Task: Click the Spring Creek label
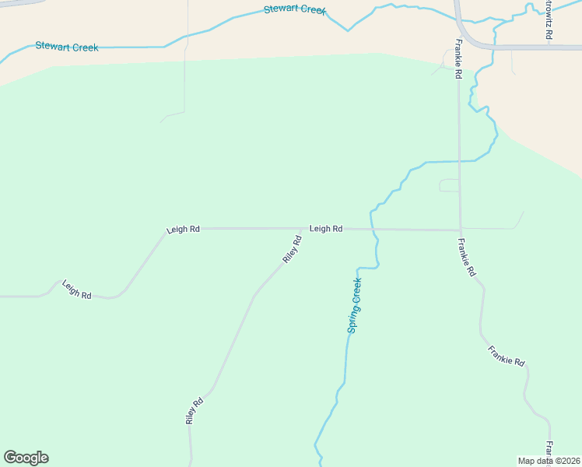click(355, 305)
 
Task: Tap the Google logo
click(26, 458)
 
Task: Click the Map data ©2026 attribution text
click(549, 461)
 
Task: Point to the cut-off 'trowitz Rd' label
click(549, 20)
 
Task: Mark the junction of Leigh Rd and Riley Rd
click(305, 229)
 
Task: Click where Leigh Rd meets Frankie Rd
click(459, 230)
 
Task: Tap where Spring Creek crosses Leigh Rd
click(372, 229)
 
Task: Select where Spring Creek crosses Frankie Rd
click(459, 161)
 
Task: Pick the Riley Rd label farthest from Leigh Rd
click(195, 410)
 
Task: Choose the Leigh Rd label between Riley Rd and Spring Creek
click(326, 229)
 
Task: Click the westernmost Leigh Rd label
click(76, 290)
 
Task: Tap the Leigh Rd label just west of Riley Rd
click(183, 230)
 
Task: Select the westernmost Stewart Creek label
click(67, 47)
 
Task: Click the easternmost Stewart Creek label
click(294, 10)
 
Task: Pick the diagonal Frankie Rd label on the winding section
click(507, 356)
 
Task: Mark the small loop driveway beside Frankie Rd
click(449, 185)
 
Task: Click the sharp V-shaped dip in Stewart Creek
click(349, 30)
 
